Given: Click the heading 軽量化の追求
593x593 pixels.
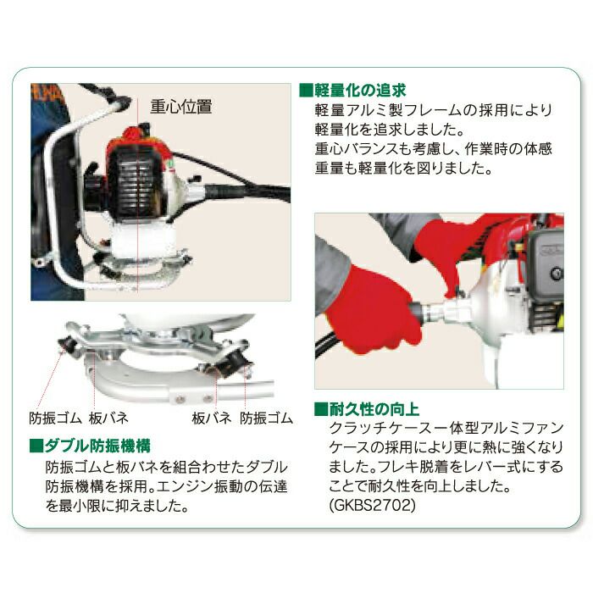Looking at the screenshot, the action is [360, 91].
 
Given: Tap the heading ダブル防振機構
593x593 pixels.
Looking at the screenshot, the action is [97, 446].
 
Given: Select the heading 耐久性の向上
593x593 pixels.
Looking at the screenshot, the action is [374, 409].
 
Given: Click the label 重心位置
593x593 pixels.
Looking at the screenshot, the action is [181, 107].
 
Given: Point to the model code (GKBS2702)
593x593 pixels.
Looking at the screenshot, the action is [372, 505].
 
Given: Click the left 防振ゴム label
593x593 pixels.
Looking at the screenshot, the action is [55, 418].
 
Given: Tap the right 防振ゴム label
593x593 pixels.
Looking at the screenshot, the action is [266, 418].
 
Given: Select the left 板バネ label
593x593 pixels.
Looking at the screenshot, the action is [109, 418].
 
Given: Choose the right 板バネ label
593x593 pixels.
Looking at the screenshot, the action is [212, 418].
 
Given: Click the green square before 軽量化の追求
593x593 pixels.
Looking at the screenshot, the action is [307, 91].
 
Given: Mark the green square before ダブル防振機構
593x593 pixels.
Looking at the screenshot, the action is [36, 446].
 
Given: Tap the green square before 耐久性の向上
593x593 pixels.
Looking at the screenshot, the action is [321, 409].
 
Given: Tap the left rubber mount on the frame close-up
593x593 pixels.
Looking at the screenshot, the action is [68, 343].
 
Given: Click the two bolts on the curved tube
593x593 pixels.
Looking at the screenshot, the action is [194, 398].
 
